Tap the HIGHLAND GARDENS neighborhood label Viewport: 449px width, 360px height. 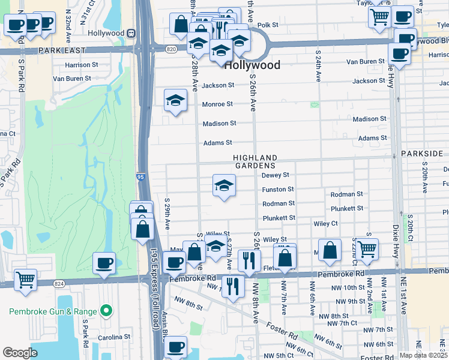[255, 161]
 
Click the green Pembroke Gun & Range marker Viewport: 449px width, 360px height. [106, 311]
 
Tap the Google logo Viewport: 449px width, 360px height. [20, 353]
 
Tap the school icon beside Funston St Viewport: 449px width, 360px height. [224, 185]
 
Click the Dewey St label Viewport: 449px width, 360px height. [276, 175]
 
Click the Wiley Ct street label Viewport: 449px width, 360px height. [325, 223]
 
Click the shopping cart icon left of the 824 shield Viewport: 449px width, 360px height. [25, 280]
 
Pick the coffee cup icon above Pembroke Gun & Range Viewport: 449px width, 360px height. [104, 263]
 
